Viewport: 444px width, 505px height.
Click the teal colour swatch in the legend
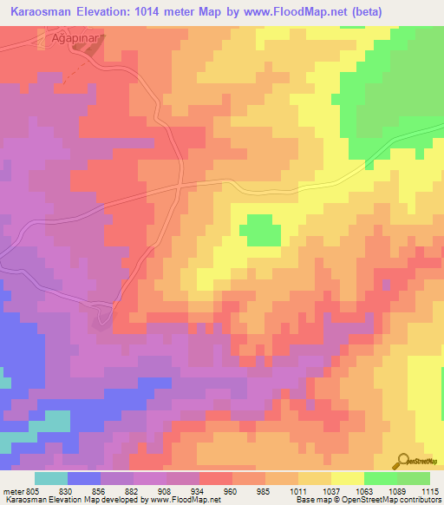pos(51,478)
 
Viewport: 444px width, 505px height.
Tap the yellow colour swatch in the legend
pos(347,478)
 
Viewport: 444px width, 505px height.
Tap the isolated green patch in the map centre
pos(260,231)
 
